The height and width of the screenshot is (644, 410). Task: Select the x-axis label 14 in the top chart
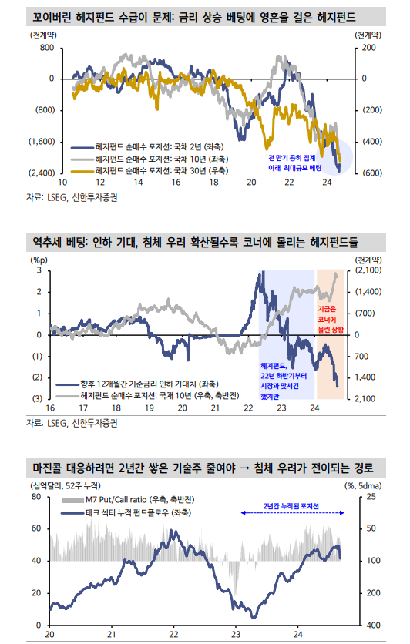137,183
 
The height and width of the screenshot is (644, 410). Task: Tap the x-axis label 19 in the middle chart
145,408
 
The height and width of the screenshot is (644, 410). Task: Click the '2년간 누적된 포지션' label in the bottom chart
291,506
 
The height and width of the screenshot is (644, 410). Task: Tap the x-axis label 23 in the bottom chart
236,634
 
